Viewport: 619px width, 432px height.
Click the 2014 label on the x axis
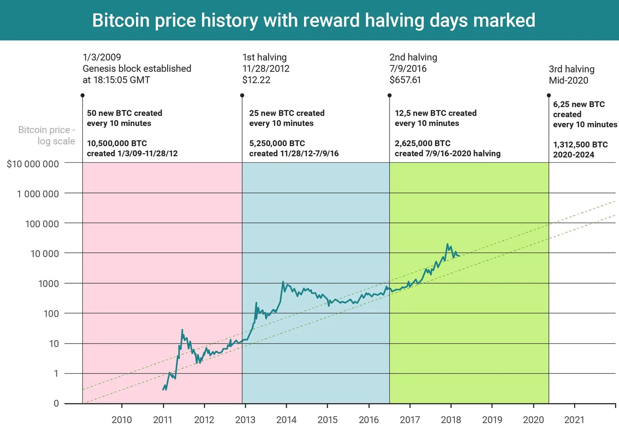[286, 420]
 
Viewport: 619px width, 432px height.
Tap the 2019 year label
[492, 420]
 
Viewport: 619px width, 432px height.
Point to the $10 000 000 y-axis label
[33, 164]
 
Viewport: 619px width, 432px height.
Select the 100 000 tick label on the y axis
[42, 224]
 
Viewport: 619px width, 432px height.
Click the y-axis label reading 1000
[48, 284]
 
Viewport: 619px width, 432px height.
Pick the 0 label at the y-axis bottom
[56, 404]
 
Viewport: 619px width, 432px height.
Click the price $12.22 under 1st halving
[256, 80]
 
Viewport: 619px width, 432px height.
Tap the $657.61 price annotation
[405, 80]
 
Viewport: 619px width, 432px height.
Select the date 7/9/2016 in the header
[408, 69]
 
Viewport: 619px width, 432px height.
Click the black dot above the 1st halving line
[242, 95]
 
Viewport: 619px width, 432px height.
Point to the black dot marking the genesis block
[82, 95]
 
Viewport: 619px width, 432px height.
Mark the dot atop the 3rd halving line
[549, 95]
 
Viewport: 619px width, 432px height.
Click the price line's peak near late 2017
[447, 244]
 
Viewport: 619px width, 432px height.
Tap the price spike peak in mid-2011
[182, 330]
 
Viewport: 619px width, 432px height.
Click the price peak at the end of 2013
[283, 282]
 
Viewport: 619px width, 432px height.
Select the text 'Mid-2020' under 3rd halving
[568, 80]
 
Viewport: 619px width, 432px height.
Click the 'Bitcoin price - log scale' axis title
[46, 135]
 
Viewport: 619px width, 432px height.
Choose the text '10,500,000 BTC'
[117, 143]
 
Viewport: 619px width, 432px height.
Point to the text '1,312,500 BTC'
[580, 145]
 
